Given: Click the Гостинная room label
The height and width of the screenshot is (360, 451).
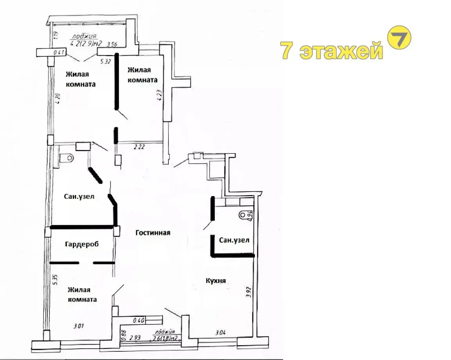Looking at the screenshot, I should pyautogui.click(x=153, y=233).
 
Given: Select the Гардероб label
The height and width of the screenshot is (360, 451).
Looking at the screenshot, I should pyautogui.click(x=81, y=244).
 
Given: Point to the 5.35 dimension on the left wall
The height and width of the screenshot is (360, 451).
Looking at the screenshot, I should pyautogui.click(x=55, y=279).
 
